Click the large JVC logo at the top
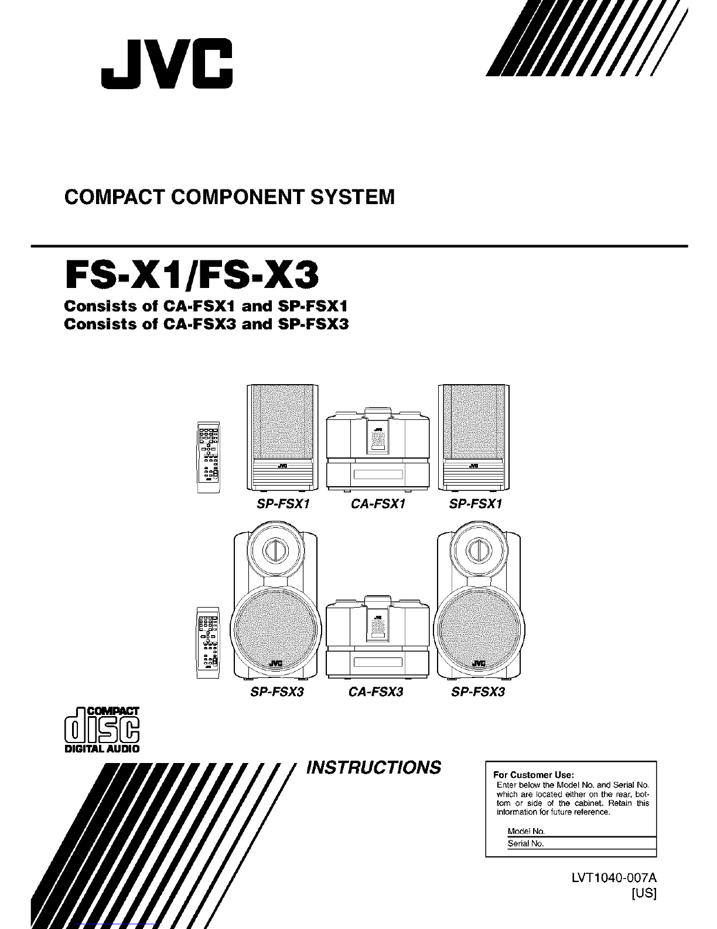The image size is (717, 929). click(166, 64)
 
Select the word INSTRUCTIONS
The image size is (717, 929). click(374, 767)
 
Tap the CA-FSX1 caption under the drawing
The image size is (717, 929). click(378, 504)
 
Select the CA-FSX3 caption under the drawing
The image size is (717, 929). click(376, 691)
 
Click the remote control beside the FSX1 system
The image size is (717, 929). click(209, 457)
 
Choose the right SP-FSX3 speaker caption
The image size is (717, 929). click(478, 691)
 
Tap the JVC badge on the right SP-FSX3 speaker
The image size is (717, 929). click(479, 663)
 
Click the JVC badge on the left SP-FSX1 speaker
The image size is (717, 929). click(282, 466)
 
